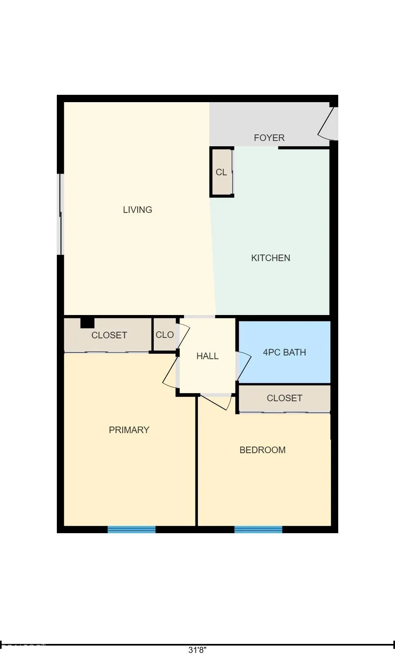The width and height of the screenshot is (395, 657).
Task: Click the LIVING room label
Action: tap(137, 210)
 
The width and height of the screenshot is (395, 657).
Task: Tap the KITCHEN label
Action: tap(270, 258)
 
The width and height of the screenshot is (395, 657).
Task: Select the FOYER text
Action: tap(269, 138)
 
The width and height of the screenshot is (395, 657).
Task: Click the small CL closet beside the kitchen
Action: tap(221, 172)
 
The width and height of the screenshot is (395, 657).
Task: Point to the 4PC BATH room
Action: tap(284, 352)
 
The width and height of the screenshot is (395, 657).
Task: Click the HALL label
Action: tap(207, 356)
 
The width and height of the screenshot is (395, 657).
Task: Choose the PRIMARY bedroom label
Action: tap(129, 430)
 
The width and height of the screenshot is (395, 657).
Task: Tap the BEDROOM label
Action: tap(262, 450)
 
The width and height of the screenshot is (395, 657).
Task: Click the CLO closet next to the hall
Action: tap(164, 335)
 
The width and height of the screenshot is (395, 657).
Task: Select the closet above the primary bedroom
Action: tap(109, 335)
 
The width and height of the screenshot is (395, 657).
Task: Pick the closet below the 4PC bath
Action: tap(284, 398)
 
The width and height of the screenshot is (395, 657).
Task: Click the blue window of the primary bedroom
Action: tap(131, 530)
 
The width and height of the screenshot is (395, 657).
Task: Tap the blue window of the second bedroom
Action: tap(258, 530)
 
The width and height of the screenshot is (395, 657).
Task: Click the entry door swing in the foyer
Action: tap(327, 123)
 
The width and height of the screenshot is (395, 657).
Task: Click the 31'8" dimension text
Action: tap(197, 650)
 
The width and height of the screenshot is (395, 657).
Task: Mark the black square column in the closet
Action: tap(87, 323)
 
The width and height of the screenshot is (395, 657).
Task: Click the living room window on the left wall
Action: tap(61, 214)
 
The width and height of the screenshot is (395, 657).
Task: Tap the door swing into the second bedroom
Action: tap(217, 402)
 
